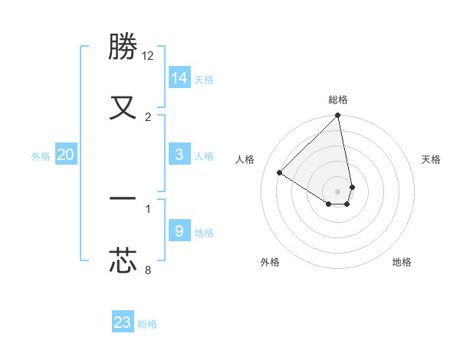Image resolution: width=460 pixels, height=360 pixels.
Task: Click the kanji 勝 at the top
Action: pos(123,47)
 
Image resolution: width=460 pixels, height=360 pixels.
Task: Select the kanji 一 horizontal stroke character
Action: pos(123,198)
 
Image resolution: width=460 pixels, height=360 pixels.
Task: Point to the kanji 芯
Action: pos(123,259)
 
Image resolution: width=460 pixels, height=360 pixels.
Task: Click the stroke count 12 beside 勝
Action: pos(148,56)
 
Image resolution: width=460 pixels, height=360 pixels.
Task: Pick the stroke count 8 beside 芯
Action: pos(148,269)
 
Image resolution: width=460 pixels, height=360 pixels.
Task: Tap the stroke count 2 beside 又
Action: pos(148,116)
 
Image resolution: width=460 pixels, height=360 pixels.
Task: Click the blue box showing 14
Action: pos(179,77)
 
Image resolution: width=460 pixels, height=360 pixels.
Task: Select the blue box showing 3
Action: pos(179,155)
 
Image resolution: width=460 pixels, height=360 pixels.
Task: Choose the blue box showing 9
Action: pos(179,231)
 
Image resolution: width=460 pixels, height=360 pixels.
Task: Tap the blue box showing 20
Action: pos(66,155)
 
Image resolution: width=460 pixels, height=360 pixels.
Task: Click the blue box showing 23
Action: pos(123,322)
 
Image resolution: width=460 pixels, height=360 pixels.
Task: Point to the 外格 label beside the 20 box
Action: pos(41,156)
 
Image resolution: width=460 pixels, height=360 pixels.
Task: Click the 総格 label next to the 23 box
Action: pos(147,324)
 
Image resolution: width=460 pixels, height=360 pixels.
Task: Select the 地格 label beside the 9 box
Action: pos(204,233)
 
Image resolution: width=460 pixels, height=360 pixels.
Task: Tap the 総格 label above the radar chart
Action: pos(338,100)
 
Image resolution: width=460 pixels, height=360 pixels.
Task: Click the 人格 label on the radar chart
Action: pos(246,159)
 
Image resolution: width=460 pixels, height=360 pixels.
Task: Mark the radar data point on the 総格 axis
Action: pos(337,116)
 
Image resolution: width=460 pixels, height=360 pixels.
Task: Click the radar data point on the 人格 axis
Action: pos(280,173)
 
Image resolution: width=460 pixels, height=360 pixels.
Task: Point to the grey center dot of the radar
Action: pos(337,191)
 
